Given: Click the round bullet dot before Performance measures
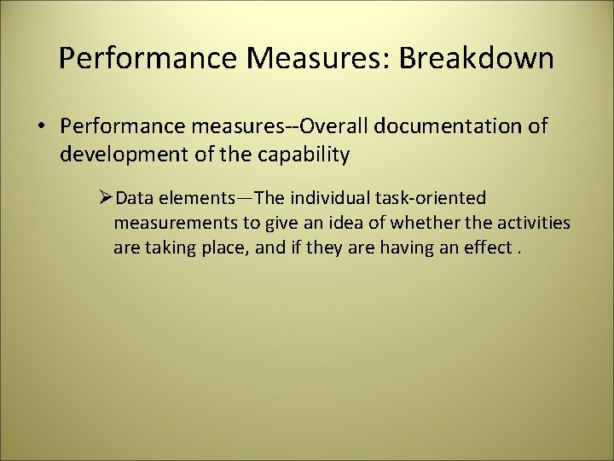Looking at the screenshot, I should (41, 127).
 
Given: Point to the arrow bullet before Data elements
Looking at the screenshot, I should (106, 199).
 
